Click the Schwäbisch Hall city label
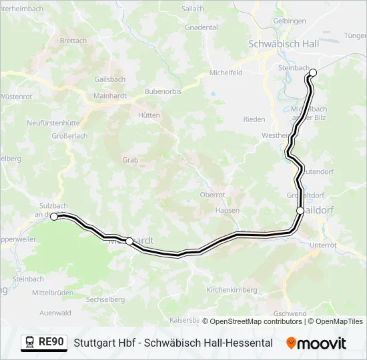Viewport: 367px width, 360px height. point(284,43)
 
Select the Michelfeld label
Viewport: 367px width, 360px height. point(226,73)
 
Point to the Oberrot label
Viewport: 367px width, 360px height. point(212,195)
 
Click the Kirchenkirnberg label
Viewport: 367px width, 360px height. point(232,290)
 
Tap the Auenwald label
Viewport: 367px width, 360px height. point(55,312)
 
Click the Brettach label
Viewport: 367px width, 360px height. point(73,41)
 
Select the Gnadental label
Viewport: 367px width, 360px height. point(202,27)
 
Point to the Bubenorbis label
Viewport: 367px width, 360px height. point(163,91)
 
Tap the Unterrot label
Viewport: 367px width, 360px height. point(323,245)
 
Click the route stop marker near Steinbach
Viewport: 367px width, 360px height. point(313,73)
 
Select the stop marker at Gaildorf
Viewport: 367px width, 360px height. point(300,211)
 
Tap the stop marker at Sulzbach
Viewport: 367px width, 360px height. point(54,216)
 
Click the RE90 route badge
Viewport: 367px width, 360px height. point(51,343)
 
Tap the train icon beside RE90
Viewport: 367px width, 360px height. point(30,343)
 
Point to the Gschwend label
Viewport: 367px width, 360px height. point(290,313)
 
